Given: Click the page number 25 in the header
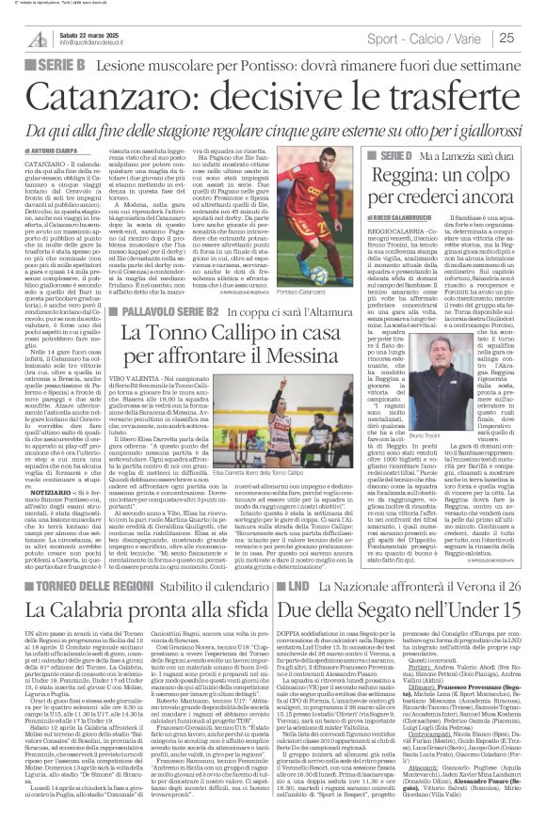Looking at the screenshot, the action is [x=532, y=38].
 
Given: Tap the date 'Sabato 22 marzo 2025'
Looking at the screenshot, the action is [x=85, y=33].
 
